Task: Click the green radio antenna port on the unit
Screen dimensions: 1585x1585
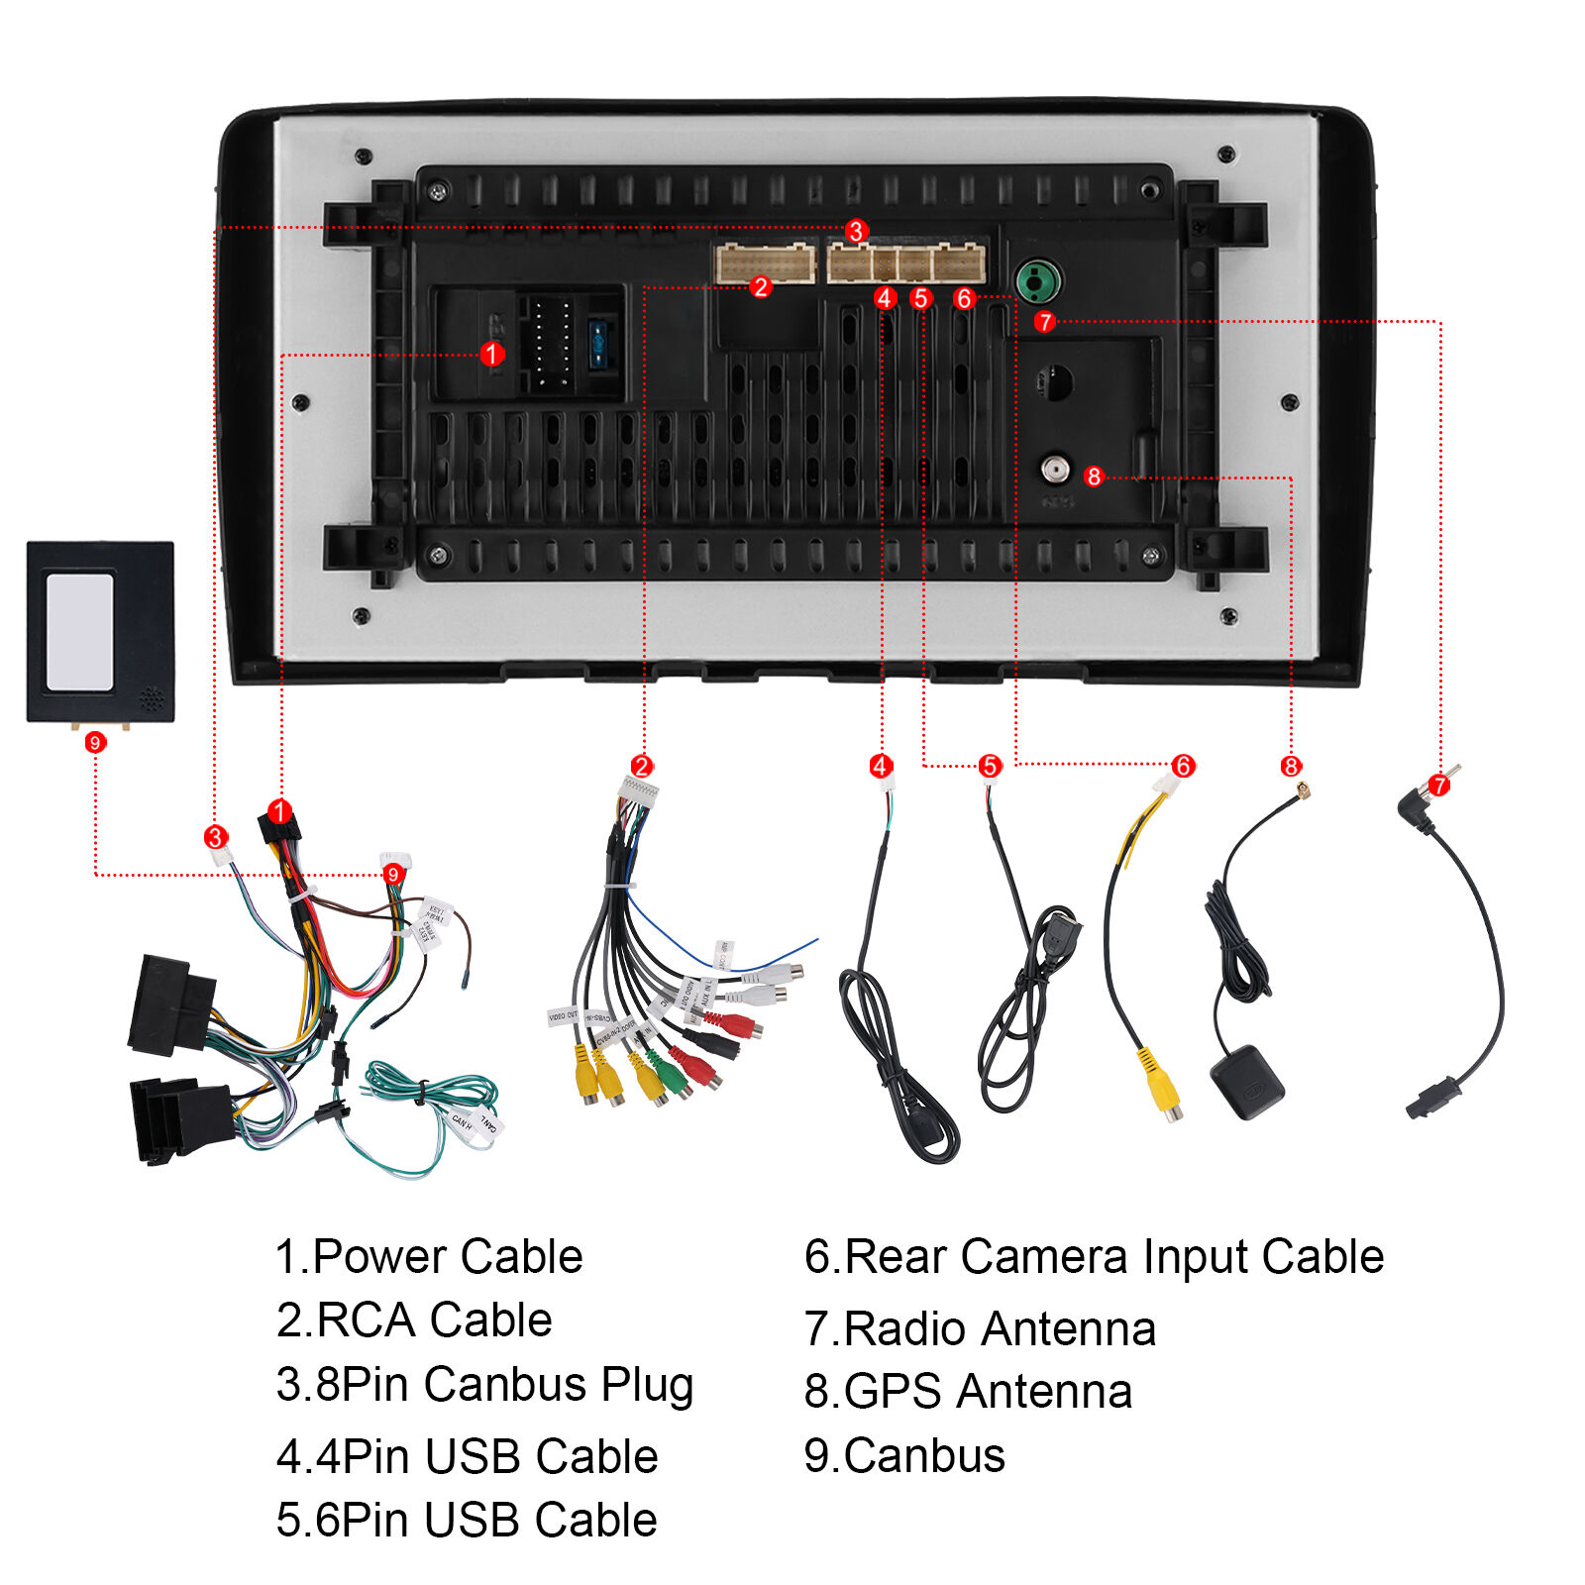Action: coord(1037,282)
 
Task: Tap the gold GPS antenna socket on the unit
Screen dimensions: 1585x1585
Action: coord(1054,469)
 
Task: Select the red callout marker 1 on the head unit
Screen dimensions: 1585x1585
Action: coord(491,354)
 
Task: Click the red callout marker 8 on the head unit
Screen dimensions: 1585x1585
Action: coord(1094,476)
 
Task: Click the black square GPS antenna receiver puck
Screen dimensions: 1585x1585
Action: coord(1246,1081)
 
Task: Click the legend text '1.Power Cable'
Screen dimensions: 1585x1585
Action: coord(429,1257)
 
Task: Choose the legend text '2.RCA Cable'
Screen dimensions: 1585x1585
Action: coord(414,1321)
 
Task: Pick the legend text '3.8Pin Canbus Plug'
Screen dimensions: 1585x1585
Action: coord(484,1385)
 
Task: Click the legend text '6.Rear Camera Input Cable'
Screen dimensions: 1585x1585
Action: coord(1094,1257)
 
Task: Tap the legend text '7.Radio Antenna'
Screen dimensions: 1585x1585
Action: coord(980,1328)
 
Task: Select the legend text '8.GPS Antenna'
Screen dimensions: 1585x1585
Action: coord(968,1392)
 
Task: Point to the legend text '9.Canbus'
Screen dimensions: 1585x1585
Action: coord(904,1455)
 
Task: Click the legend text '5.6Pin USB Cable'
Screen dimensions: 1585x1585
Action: coord(467,1520)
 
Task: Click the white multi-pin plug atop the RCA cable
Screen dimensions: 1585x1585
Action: coord(639,791)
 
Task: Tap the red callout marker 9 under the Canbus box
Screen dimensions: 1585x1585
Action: coord(95,742)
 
